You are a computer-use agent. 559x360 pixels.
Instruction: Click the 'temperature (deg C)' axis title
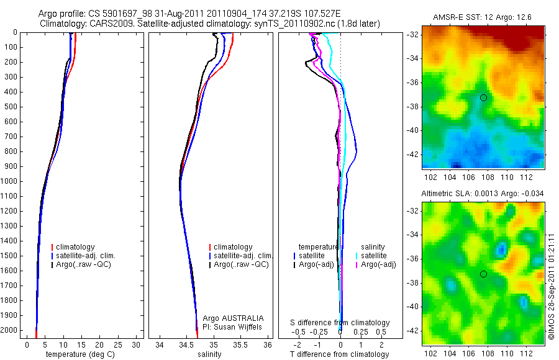78,354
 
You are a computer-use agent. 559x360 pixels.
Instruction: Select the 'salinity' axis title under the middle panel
209,354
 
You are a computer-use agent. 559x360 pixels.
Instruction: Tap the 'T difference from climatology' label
340,354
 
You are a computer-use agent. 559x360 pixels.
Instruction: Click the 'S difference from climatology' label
340,323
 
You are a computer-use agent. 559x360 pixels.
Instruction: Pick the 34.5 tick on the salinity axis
186,344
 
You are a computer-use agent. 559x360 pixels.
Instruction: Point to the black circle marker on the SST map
483,98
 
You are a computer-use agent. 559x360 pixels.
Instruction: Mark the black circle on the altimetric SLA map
483,274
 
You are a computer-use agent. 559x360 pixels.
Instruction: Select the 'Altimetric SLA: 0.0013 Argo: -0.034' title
483,194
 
